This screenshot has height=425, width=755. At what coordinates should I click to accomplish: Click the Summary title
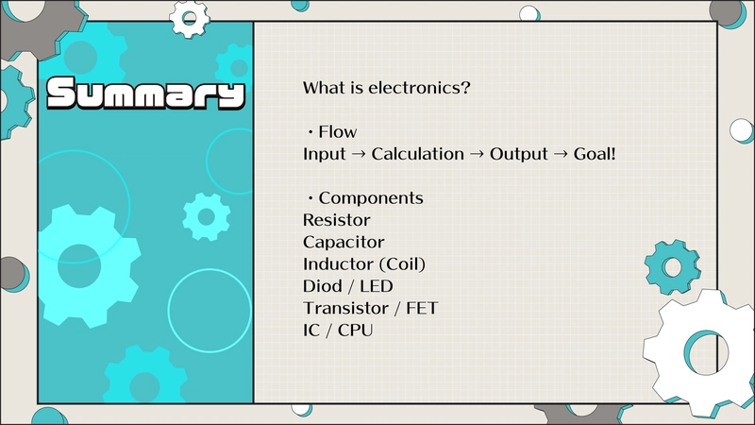point(145,93)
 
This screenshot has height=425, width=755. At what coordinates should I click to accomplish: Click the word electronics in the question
point(419,88)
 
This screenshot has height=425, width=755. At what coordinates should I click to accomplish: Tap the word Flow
point(338,132)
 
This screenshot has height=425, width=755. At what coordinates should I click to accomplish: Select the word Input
point(324,155)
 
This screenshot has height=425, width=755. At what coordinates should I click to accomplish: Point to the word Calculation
point(417,154)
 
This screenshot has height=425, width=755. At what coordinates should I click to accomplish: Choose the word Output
point(518,155)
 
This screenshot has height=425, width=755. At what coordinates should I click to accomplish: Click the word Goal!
point(595,154)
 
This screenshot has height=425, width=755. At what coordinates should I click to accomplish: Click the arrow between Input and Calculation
point(359,155)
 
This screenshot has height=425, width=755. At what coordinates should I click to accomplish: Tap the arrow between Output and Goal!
point(561,155)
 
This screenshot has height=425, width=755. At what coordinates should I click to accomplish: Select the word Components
point(371,198)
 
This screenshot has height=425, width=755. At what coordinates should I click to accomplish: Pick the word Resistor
point(337,220)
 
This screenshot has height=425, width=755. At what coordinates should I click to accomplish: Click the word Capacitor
point(344,243)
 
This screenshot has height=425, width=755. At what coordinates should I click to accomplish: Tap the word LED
point(376,286)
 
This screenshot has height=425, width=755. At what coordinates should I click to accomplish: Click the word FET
point(422,309)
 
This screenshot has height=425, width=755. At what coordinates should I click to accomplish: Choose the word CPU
point(356,331)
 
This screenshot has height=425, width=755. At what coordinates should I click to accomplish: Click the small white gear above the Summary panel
point(190,19)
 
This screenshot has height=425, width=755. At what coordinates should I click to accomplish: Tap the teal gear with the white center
point(673,267)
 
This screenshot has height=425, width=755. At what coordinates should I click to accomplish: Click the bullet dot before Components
point(310,198)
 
